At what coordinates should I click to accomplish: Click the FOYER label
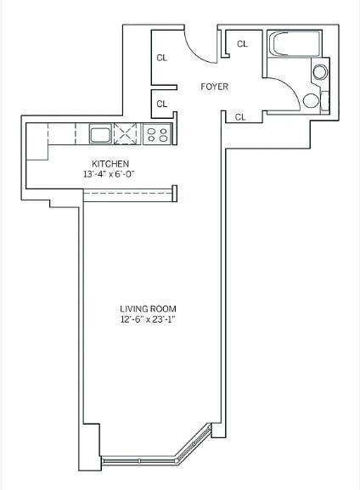[x=214, y=87]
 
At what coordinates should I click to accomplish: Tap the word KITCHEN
[x=110, y=164]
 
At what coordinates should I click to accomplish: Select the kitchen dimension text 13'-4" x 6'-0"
[x=109, y=174]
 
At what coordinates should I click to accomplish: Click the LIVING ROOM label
[x=148, y=309]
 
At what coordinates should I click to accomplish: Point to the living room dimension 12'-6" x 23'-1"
[x=147, y=319]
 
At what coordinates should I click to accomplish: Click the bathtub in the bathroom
[x=295, y=44]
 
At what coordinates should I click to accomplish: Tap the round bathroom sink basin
[x=320, y=72]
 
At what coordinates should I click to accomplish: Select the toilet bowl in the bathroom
[x=311, y=100]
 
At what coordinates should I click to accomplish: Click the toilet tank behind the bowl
[x=325, y=100]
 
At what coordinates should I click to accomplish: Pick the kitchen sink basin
[x=101, y=133]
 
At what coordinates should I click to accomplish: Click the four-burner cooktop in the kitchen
[x=157, y=134]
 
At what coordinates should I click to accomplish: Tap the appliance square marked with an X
[x=126, y=133]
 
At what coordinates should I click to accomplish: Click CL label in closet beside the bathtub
[x=243, y=44]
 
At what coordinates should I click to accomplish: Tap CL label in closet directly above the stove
[x=162, y=104]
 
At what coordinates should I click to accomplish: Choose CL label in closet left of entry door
[x=162, y=58]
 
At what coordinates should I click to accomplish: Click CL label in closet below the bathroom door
[x=240, y=117]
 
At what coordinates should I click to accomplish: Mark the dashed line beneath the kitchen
[x=127, y=193]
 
